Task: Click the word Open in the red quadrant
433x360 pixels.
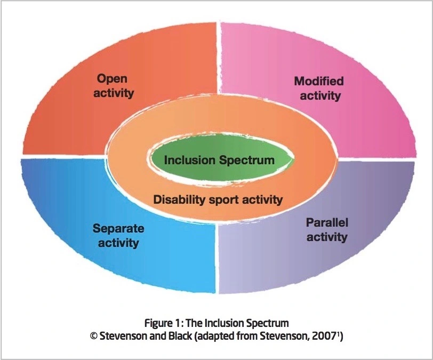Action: [x=112, y=79]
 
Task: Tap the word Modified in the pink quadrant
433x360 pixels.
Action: [x=319, y=82]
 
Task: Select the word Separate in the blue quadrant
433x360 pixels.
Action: [x=118, y=229]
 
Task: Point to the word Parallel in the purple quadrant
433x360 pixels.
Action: [x=326, y=222]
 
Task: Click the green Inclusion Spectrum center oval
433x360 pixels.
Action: [x=220, y=160]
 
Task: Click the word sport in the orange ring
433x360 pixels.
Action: [x=221, y=200]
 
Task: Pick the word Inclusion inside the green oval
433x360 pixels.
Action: [x=188, y=160]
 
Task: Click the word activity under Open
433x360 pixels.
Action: [x=115, y=93]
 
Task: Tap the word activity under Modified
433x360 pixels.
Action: [x=320, y=96]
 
